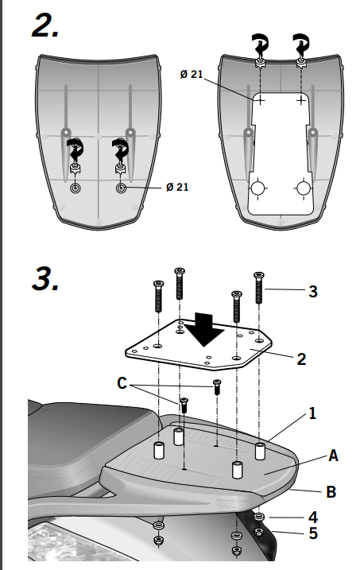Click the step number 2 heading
46,25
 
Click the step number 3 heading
46,278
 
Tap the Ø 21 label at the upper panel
192,74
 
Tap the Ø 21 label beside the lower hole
177,187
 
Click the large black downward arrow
205,329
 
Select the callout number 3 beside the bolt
313,292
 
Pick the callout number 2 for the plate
301,359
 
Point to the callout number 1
312,413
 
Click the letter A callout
333,456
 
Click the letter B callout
331,492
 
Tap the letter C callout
122,383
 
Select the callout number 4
313,518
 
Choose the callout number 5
313,533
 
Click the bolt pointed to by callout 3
258,288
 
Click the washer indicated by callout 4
259,517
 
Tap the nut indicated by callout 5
259,532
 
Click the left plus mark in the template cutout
260,99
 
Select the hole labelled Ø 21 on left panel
122,188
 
